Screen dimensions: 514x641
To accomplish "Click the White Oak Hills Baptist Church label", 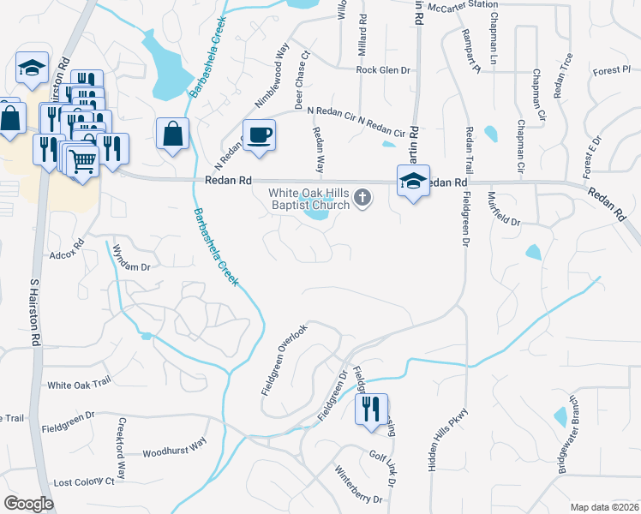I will (x=309, y=199).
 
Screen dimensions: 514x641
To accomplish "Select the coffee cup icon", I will (x=260, y=134).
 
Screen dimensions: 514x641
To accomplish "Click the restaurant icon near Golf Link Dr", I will (x=371, y=408).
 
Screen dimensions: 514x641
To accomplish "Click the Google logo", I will (x=28, y=504).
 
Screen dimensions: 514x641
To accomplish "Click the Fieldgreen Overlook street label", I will (x=284, y=360).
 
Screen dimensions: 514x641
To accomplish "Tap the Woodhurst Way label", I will (x=174, y=451).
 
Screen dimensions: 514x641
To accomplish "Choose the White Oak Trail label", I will (x=80, y=385).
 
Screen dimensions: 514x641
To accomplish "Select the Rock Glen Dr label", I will (x=383, y=70).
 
